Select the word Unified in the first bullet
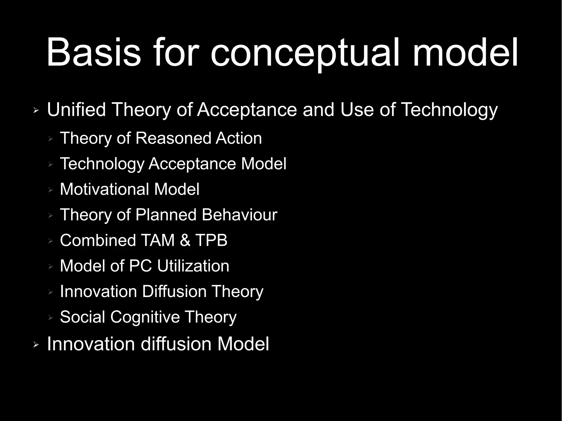pos(76,109)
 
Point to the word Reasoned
pos(173,138)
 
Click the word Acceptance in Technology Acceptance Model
pos(192,164)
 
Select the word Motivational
pos(104,189)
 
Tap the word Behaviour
pos(239,214)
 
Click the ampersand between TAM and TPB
pos(185,240)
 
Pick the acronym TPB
pos(211,240)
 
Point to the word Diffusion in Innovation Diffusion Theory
pos(174,291)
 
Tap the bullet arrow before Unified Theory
pos(36,111)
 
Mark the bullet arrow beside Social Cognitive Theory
pos(50,318)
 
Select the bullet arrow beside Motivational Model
pos(50,190)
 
